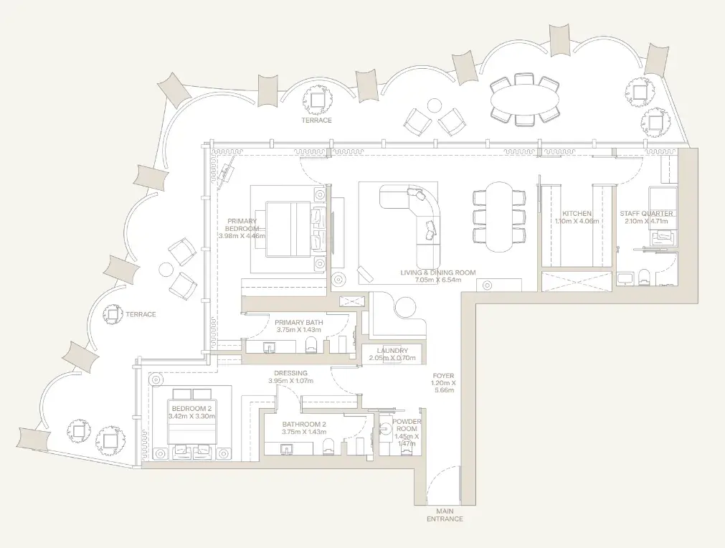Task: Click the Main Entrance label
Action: click(x=445, y=515)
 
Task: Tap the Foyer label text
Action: click(x=443, y=376)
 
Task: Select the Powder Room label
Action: click(x=407, y=425)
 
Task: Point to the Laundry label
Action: click(x=392, y=351)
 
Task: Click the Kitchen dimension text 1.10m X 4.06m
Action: click(x=577, y=221)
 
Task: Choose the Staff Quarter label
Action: click(x=646, y=214)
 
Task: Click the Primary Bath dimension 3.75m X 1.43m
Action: click(x=299, y=330)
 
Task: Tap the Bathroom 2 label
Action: click(x=304, y=424)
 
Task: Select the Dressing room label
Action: click(x=290, y=373)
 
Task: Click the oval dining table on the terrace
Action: click(x=524, y=100)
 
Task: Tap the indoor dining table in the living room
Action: click(x=499, y=217)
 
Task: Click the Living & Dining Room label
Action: click(x=438, y=273)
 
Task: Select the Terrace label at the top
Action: click(x=317, y=121)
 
